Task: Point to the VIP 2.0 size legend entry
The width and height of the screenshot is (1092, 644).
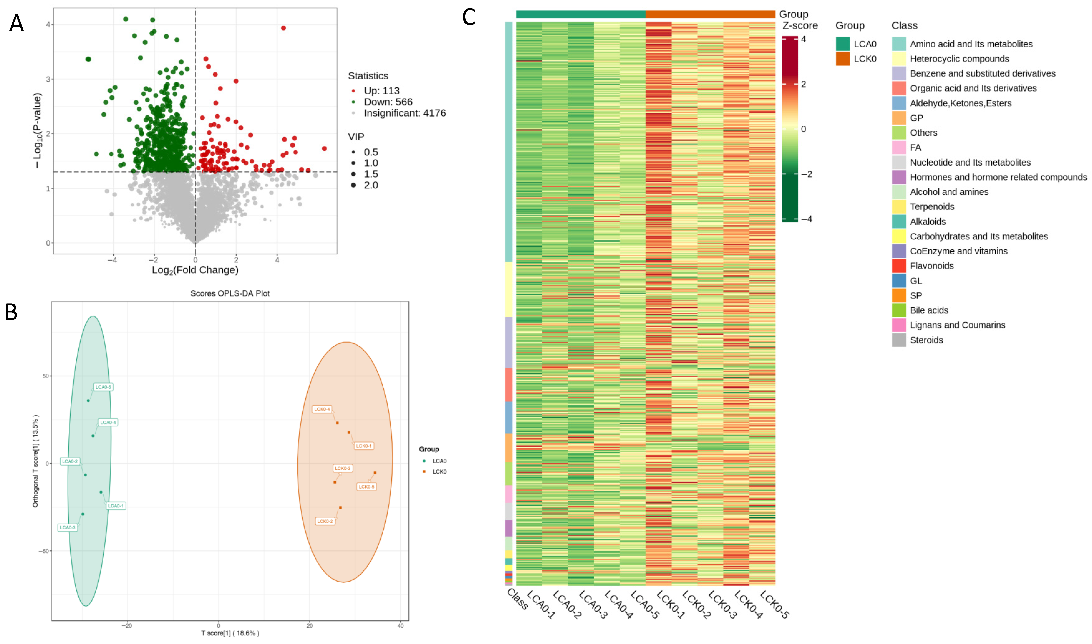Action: [370, 185]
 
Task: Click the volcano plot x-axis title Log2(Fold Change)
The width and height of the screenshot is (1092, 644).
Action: [195, 270]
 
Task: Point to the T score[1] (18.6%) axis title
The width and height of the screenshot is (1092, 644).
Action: [230, 633]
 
